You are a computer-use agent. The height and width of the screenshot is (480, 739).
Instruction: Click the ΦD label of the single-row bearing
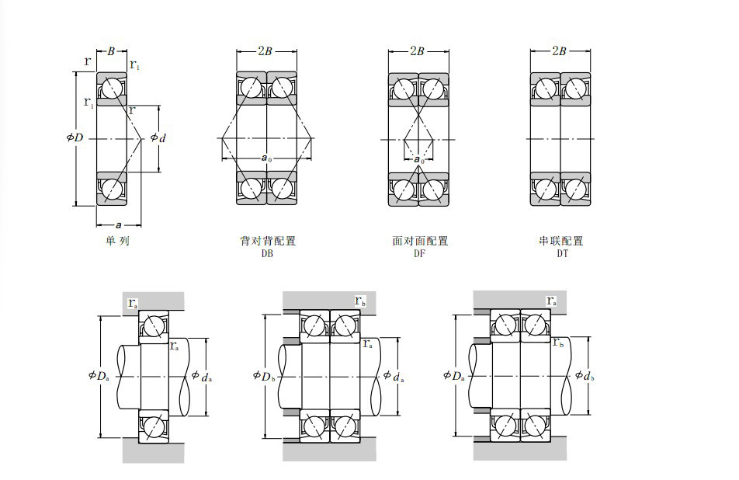pyautogui.click(x=75, y=137)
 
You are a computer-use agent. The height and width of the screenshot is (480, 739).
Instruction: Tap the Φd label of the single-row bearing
pyautogui.click(x=158, y=137)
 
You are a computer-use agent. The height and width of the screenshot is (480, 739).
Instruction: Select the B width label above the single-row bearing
pyautogui.click(x=111, y=52)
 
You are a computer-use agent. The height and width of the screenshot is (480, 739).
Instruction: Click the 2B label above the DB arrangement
pyautogui.click(x=265, y=52)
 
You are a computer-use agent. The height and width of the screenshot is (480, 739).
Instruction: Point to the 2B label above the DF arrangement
pyautogui.click(x=418, y=52)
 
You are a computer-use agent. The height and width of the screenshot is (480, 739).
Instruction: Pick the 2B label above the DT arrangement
pyautogui.click(x=559, y=52)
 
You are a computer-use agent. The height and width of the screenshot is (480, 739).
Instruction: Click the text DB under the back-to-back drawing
pyautogui.click(x=268, y=253)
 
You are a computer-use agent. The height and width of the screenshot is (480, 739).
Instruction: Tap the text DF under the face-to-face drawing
pyautogui.click(x=420, y=253)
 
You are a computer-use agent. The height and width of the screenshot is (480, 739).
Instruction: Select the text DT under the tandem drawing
pyautogui.click(x=561, y=253)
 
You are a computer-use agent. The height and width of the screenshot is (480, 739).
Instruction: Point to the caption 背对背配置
pyautogui.click(x=268, y=241)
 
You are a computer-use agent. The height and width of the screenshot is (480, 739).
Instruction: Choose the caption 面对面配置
pyautogui.click(x=420, y=241)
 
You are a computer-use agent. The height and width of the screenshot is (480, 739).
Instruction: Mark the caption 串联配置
pyautogui.click(x=561, y=241)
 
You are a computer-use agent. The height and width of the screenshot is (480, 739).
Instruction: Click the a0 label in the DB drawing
pyautogui.click(x=266, y=158)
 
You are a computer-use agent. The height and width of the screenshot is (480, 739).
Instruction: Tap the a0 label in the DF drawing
pyautogui.click(x=419, y=159)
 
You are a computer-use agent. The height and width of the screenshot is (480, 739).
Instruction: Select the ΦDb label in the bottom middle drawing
pyautogui.click(x=263, y=377)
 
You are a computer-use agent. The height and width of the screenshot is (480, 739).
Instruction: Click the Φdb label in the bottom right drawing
pyautogui.click(x=585, y=376)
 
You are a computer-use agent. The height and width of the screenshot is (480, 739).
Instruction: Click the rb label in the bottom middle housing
pyautogui.click(x=359, y=301)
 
